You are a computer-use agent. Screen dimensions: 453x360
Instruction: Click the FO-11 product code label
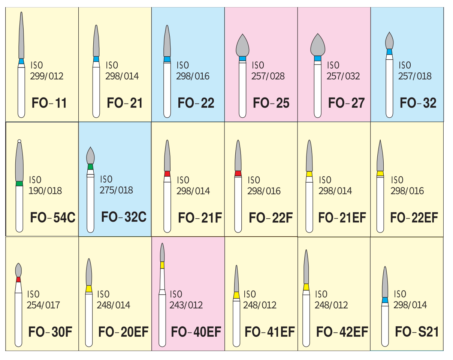point(49,103)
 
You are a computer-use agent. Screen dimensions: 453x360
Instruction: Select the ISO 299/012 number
point(47,76)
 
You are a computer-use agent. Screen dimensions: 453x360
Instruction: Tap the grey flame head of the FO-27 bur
point(318,45)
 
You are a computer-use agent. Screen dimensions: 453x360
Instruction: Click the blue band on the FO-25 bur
point(242,58)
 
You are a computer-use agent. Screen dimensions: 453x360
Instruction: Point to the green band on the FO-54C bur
point(19,183)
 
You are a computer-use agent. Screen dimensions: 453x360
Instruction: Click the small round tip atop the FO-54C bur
point(19,141)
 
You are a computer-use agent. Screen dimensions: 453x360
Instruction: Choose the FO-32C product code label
point(124,217)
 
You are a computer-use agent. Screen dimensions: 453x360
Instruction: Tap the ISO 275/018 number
point(116,190)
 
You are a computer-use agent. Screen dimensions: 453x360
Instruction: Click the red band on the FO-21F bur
point(167,174)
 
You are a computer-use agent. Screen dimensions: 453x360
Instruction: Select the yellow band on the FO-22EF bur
point(380,174)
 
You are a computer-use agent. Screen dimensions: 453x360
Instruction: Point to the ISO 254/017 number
point(43,305)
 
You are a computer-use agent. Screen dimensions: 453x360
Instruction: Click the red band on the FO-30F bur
point(18,279)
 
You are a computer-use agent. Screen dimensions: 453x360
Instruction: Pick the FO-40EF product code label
point(196,332)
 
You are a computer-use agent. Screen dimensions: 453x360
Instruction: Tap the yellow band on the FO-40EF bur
point(162,265)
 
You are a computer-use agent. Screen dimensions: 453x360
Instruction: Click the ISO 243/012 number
point(186,305)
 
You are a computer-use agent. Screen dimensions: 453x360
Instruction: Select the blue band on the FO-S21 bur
point(385,300)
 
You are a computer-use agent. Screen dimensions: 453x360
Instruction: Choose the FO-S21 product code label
point(417,332)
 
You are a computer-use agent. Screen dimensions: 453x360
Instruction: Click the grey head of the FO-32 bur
point(389,40)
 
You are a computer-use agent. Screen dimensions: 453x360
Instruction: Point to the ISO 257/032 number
point(343,76)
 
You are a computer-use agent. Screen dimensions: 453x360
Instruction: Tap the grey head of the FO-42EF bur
point(306,267)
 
